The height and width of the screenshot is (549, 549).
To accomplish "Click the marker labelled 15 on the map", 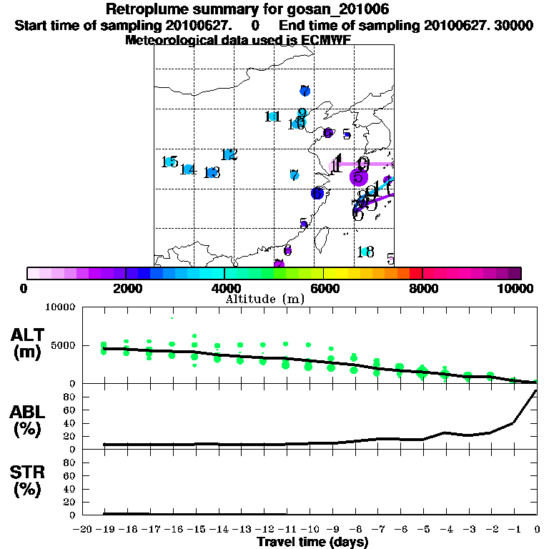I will point(169,162).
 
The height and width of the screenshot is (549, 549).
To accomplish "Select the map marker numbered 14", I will point(187,169).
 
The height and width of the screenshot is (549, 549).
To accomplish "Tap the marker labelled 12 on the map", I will point(229,154).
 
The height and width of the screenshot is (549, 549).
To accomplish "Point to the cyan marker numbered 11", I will point(272,117).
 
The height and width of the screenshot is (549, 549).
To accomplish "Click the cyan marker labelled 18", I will point(365,252).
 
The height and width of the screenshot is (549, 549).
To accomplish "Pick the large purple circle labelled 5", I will point(358,177).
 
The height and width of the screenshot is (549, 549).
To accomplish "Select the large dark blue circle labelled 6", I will point(317,193).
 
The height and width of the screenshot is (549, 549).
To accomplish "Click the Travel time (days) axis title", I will point(312,543).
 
